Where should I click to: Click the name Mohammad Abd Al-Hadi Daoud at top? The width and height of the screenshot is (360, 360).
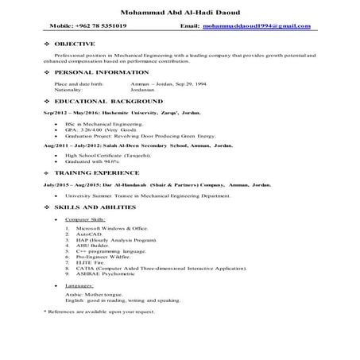pos(180,12)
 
